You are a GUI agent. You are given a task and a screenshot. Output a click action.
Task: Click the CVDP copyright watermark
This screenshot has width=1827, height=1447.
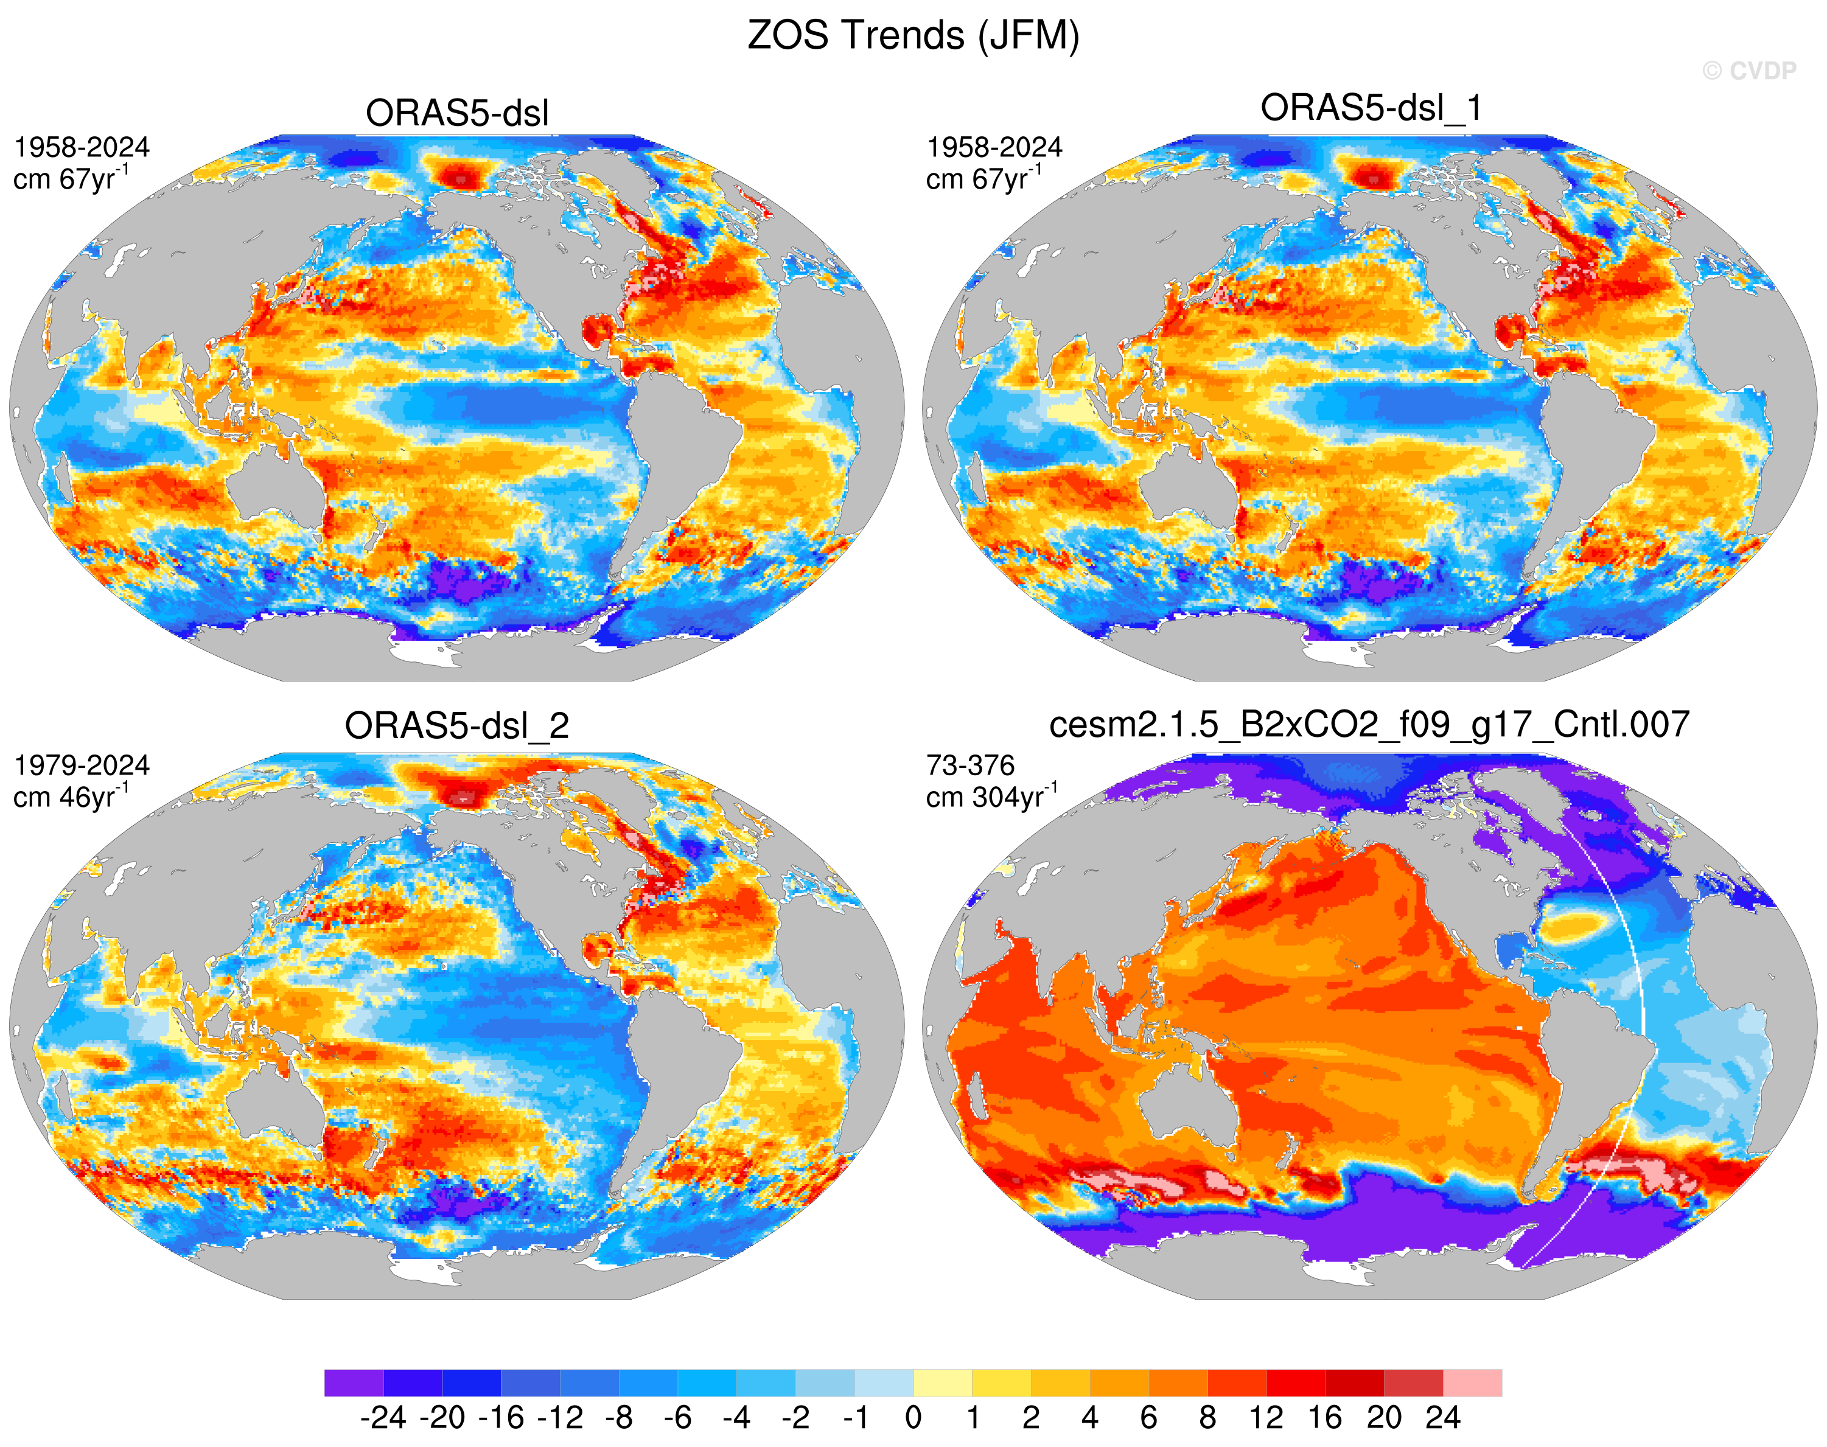(x=1749, y=71)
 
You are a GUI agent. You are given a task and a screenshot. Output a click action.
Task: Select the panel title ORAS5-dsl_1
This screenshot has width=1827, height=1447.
(x=1371, y=108)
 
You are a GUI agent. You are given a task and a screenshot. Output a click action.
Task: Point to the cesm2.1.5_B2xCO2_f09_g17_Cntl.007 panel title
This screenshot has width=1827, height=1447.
(x=1369, y=725)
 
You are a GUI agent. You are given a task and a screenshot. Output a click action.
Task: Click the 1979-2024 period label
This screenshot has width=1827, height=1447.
(x=82, y=766)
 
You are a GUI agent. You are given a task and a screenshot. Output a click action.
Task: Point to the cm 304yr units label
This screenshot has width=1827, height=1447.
(x=991, y=797)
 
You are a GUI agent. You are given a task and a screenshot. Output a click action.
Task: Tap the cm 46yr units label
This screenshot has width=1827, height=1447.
(x=71, y=797)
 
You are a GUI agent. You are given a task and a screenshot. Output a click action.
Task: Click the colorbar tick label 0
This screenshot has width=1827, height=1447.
(x=913, y=1417)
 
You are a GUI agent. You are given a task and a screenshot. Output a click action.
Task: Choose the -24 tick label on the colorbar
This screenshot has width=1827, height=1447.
(x=383, y=1417)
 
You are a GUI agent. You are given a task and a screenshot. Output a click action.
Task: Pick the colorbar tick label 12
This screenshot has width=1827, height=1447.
(x=1266, y=1417)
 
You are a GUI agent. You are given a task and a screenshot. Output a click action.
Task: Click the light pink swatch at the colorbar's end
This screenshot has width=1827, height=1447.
(x=1473, y=1382)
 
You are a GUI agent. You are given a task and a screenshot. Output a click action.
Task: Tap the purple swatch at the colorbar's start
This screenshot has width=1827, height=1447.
(x=354, y=1382)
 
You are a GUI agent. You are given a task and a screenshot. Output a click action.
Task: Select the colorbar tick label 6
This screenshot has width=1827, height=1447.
(x=1148, y=1417)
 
